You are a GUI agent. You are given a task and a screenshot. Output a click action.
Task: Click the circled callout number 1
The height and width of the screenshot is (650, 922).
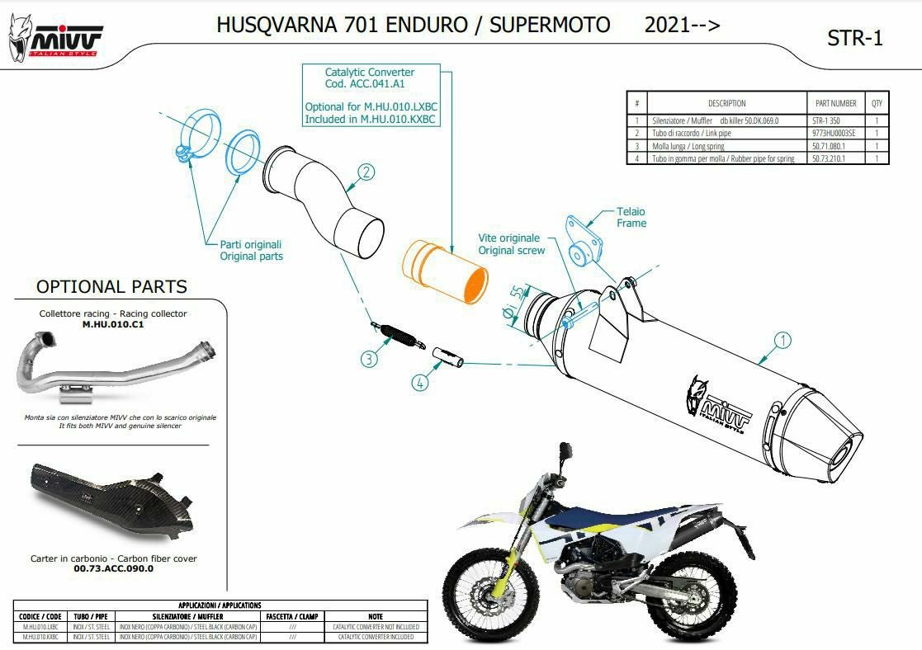point(782,340)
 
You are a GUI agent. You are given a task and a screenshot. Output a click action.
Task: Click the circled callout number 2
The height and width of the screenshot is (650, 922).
point(366,172)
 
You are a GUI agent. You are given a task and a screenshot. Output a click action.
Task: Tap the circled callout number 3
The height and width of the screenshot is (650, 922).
point(368,359)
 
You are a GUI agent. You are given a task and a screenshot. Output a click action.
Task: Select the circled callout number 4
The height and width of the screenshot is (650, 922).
point(421,383)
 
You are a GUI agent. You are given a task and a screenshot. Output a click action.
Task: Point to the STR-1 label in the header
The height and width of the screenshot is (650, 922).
point(854,38)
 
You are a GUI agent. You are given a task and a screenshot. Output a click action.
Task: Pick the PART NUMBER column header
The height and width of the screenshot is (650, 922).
point(835,104)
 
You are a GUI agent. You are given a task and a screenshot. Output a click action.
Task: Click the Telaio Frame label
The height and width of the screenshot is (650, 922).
point(631,218)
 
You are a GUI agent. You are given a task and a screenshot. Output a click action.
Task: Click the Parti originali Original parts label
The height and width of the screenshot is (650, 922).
point(251,250)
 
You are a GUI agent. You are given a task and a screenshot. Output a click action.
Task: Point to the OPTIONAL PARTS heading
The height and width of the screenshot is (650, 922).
point(111,287)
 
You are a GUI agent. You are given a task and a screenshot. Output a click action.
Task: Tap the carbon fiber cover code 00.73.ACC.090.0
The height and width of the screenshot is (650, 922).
point(113,568)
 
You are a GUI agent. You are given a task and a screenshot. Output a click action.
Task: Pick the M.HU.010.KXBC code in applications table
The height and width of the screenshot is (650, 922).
point(40,637)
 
